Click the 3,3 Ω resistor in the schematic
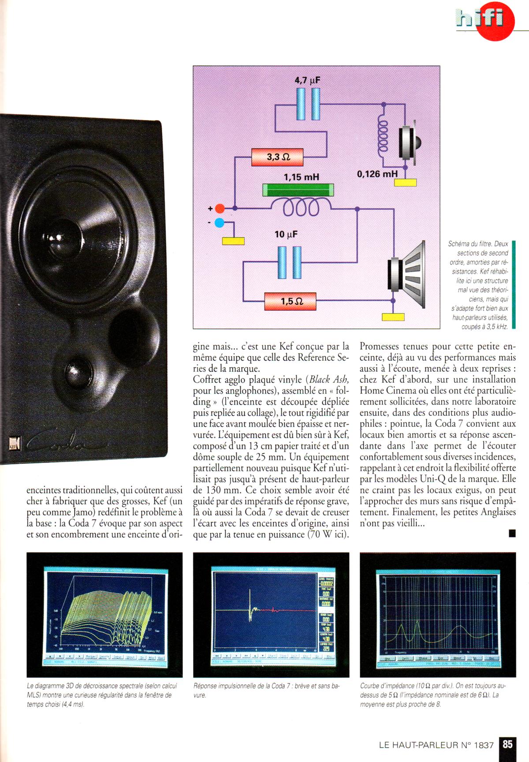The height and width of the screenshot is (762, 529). coord(277,157)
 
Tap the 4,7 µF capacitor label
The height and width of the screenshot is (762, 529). coord(307,81)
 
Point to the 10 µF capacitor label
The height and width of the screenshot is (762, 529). coord(286,234)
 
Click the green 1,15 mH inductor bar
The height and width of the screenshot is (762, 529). coord(298,190)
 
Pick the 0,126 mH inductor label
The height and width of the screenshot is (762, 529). coord(377,174)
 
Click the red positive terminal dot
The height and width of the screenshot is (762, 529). coord(220,208)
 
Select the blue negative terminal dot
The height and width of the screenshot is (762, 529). coord(219,223)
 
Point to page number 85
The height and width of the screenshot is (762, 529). coord(507,744)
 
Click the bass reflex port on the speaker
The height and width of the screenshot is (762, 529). coord(131,330)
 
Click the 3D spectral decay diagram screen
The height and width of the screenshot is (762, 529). coord(104,614)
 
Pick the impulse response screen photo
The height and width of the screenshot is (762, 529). coord(271,614)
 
